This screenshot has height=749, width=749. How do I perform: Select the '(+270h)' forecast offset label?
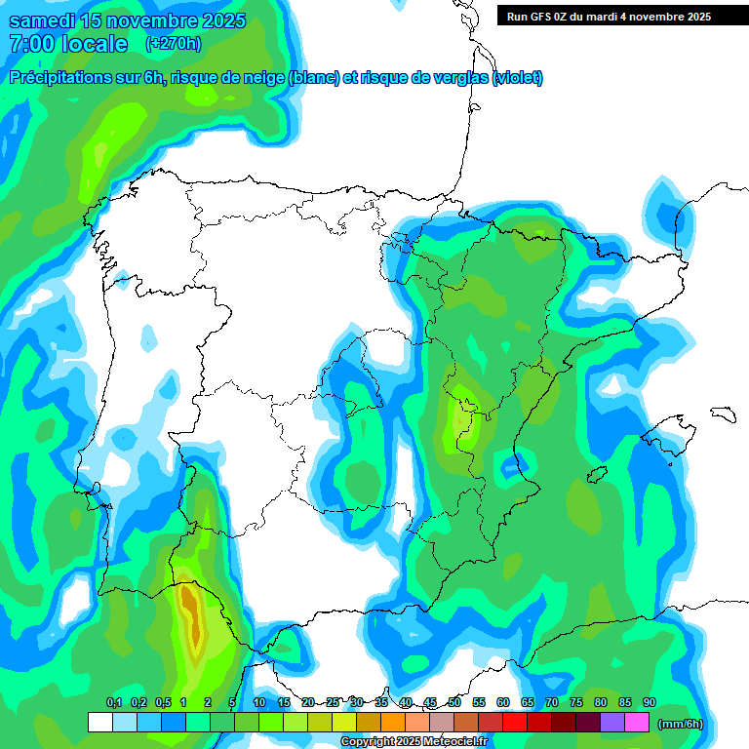tap(174, 44)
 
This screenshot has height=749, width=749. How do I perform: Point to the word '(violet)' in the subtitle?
tap(518, 78)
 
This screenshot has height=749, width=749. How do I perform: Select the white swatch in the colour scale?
tap(99, 723)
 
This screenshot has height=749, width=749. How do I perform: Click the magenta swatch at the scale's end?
tap(637, 723)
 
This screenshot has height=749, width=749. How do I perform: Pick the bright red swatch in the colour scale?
tap(515, 723)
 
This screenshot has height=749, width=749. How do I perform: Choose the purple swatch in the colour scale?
tap(612, 723)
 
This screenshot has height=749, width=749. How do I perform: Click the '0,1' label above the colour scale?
tap(113, 703)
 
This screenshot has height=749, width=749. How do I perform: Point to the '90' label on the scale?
tap(650, 703)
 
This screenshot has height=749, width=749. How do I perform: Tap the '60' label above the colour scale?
tap(503, 703)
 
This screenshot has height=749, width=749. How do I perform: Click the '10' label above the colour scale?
tap(259, 703)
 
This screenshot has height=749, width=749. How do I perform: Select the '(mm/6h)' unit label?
tap(680, 723)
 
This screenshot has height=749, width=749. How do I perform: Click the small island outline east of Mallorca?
tap(723, 414)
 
